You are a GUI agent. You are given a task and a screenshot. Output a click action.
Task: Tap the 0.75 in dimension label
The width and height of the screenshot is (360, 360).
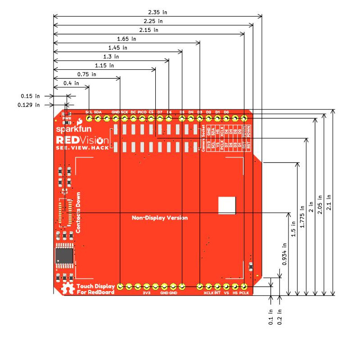[86, 74]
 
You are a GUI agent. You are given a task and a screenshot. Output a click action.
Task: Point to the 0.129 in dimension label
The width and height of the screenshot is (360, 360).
[29, 105]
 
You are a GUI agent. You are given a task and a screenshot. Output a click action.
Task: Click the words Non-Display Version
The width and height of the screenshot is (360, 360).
[160, 218]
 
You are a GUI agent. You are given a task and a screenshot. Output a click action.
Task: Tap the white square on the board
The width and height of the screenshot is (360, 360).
[226, 205]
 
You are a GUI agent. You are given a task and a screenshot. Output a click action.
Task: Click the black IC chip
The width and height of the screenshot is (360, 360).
[64, 256]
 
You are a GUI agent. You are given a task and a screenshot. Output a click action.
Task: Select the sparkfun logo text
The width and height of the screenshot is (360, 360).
[68, 130]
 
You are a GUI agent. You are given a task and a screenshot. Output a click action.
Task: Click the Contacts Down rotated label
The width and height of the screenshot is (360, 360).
[78, 212]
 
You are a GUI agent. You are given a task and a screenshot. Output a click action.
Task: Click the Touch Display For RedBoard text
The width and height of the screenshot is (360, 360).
[95, 289]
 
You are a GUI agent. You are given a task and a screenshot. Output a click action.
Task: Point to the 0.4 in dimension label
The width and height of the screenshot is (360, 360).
[71, 83]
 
